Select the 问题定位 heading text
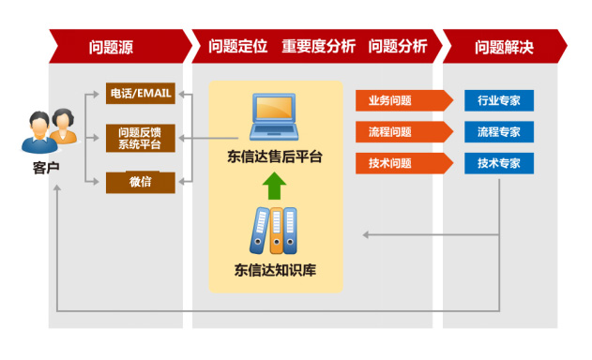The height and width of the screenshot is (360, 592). [x=237, y=46]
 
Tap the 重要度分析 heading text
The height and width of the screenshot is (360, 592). [x=318, y=46]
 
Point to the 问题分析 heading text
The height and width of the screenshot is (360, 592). [x=398, y=46]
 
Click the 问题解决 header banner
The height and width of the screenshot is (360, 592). [x=504, y=46]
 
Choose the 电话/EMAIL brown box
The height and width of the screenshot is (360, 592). [x=140, y=94]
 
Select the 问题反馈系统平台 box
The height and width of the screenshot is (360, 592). [x=140, y=138]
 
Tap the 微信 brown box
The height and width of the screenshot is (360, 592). [x=140, y=182]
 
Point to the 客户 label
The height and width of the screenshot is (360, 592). [x=45, y=167]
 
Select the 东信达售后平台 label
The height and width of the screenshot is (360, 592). [x=275, y=157]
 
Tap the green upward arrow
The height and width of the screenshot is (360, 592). [x=274, y=186]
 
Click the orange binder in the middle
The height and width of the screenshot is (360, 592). [x=276, y=230]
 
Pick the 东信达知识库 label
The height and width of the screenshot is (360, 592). [x=275, y=272]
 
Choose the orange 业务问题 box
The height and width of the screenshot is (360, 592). [x=391, y=100]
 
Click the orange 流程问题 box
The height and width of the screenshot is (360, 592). [x=391, y=132]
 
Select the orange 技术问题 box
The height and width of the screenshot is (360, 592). [x=391, y=164]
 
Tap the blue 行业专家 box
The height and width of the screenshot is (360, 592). [x=498, y=100]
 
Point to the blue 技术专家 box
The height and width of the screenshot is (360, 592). [x=498, y=164]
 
